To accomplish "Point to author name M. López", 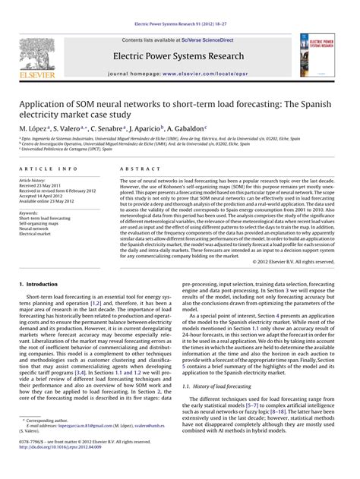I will click(33, 130).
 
